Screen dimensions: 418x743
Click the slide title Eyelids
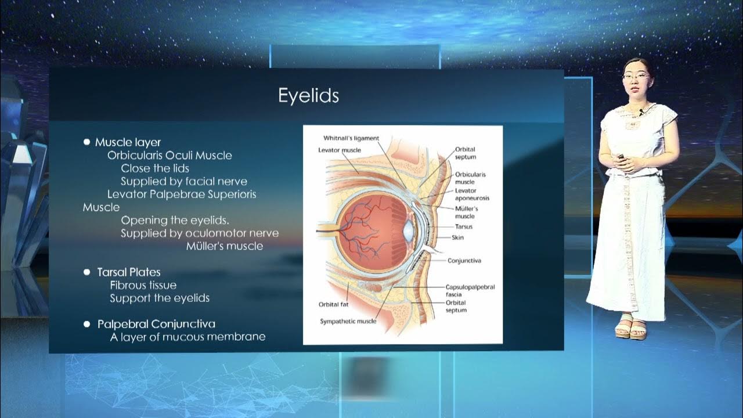pos(308,96)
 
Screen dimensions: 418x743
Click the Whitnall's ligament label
pos(351,138)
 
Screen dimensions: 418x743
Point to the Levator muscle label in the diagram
pos(340,150)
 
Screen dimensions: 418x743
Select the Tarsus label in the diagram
pos(464,226)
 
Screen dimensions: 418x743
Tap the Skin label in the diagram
pos(457,237)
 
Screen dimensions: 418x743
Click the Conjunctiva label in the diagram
pos(464,261)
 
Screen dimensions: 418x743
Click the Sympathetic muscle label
pos(348,321)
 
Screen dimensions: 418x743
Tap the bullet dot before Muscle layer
pos(87,142)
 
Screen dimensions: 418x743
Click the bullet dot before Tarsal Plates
pos(87,272)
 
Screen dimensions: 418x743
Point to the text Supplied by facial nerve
pos(184,182)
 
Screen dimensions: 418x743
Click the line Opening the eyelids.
pos(175,221)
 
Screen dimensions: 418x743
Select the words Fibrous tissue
pos(143,285)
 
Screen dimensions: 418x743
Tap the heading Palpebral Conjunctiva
pos(156,324)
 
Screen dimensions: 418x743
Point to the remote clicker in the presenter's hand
pos(621,157)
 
